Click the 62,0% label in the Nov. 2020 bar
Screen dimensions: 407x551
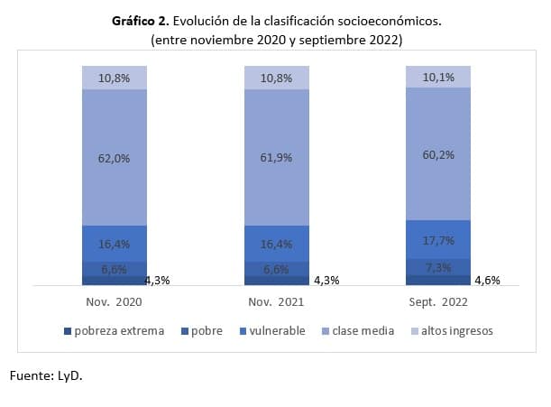pyautogui.click(x=115, y=158)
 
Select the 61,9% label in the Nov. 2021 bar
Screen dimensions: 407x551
pyautogui.click(x=276, y=158)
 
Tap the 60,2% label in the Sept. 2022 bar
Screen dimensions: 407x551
pyautogui.click(x=438, y=154)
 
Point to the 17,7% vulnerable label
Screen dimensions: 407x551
pyautogui.click(x=438, y=240)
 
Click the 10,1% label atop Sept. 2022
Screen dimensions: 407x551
pyautogui.click(x=438, y=77)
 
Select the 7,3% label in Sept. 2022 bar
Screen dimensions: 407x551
pyautogui.click(x=438, y=268)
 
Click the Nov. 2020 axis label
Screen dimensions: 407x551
pyautogui.click(x=115, y=302)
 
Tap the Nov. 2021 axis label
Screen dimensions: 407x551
pyautogui.click(x=276, y=302)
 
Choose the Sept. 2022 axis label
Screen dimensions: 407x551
pyautogui.click(x=438, y=302)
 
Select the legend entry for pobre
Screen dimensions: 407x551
pyautogui.click(x=205, y=330)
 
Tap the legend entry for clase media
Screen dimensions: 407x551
pyautogui.click(x=362, y=330)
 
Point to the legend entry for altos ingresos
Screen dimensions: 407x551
pyautogui.click(x=455, y=330)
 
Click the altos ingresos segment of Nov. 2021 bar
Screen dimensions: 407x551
pyautogui.click(x=276, y=78)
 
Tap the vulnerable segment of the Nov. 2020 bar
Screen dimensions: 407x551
pyautogui.click(x=115, y=244)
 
